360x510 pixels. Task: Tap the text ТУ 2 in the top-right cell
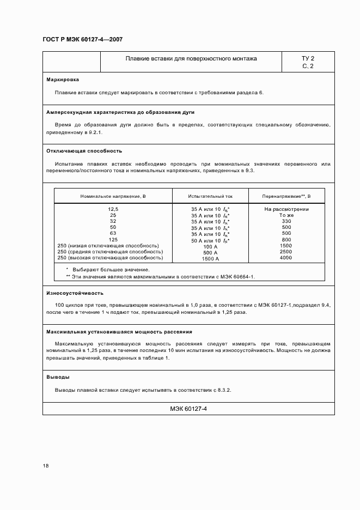coord(308,58)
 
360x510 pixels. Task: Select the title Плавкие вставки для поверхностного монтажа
coord(191,58)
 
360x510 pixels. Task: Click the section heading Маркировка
coord(63,79)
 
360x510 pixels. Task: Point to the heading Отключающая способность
coord(84,150)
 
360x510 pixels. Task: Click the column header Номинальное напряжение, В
coord(113,195)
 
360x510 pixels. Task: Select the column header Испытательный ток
coord(210,195)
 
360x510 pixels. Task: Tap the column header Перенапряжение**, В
coord(286,195)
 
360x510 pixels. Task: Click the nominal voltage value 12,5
coord(113,209)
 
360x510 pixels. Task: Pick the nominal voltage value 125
coord(113,240)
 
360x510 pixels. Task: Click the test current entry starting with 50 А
coord(210,240)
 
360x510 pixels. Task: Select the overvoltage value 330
coord(286,221)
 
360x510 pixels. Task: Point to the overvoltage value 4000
coord(286,258)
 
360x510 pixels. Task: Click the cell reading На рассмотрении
coord(286,209)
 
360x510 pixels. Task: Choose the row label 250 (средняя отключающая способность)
coord(110,252)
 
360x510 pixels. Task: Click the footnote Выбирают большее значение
coord(111,269)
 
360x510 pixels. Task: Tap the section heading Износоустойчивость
coord(75,293)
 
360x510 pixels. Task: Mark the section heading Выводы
coord(58,377)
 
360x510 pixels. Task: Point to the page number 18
coord(46,466)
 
